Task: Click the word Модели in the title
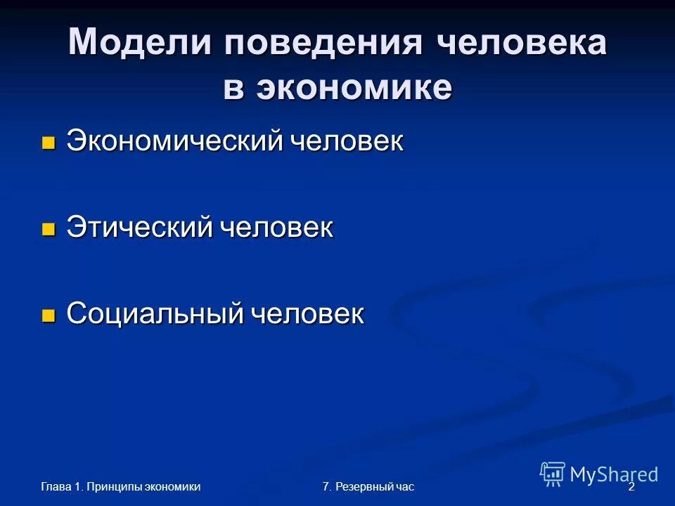pos(140,44)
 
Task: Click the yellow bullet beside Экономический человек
pos(48,143)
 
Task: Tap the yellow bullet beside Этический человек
pos(48,229)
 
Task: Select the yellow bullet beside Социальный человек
pos(48,316)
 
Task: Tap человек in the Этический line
pos(276,228)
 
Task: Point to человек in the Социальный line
pos(307,314)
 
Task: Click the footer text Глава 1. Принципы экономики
pos(120,486)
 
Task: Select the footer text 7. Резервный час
pos(368,486)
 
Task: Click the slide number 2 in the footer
pos(631,486)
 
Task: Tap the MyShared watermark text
pos(614,474)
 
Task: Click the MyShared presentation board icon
pos(553,474)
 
